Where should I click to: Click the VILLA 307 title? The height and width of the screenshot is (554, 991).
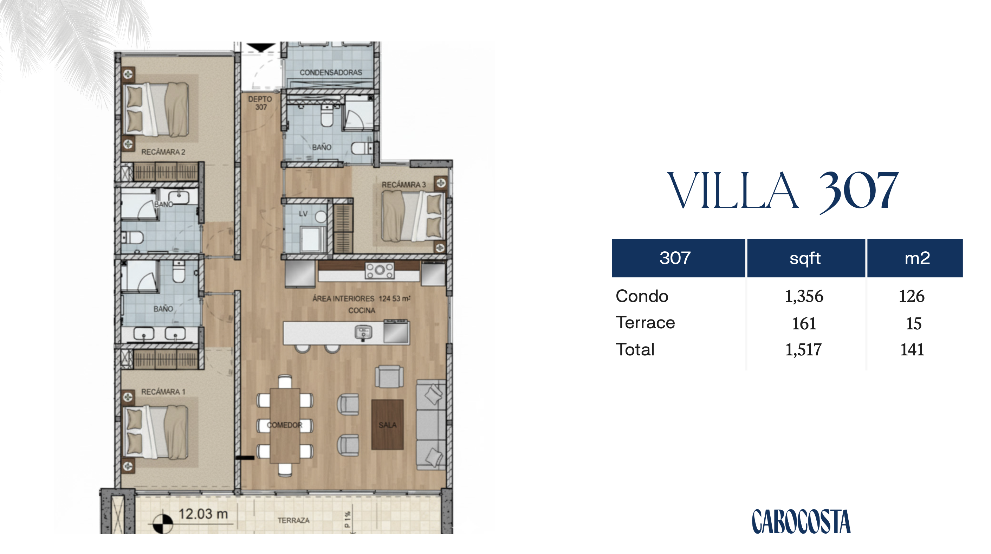783,191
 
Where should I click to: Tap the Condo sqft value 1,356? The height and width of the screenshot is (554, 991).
804,296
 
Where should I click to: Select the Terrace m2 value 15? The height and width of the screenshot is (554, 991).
914,323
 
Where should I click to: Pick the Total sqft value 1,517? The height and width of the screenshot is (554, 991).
803,350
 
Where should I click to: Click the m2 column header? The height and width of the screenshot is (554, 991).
917,258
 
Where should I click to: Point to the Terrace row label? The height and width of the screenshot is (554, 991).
645,322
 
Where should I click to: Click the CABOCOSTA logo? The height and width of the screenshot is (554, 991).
801,521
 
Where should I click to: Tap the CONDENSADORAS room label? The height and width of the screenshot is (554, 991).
331,72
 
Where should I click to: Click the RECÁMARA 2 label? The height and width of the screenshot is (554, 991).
163,152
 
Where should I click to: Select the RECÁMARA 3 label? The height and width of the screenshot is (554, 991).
403,185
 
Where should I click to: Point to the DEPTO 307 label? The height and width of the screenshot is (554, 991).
260,103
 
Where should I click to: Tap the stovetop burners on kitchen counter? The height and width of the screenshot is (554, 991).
380,270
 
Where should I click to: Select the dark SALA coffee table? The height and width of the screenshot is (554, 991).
387,424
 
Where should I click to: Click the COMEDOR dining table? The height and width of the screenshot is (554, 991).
285,425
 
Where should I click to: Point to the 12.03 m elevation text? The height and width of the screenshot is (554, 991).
203,514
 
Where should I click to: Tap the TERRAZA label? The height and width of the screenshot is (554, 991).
293,520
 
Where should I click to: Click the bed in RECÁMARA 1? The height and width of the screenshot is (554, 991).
155,432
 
